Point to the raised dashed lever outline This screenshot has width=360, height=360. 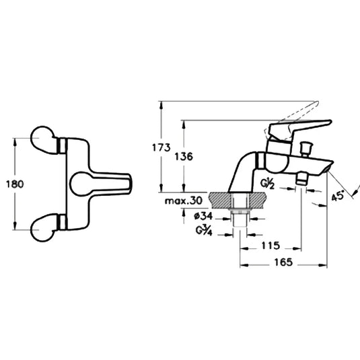[x=296, y=108]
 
